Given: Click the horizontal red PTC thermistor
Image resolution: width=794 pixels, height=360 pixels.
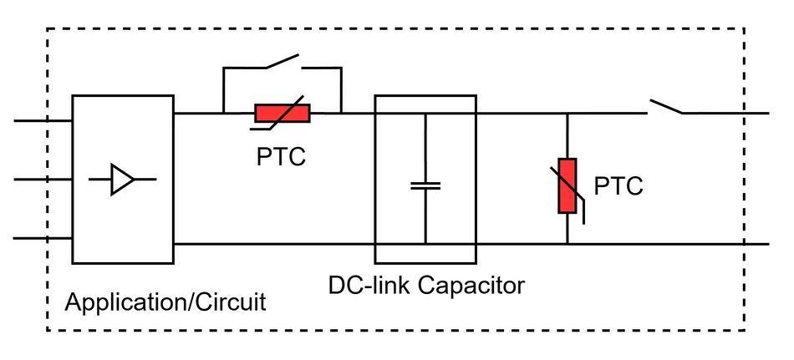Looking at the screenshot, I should click(x=282, y=113).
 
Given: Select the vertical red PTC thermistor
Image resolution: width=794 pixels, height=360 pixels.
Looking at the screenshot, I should click(x=568, y=185).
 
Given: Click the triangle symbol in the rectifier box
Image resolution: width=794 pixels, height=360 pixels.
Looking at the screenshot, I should click(x=123, y=179).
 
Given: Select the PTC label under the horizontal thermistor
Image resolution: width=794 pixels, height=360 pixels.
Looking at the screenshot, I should click(x=281, y=155).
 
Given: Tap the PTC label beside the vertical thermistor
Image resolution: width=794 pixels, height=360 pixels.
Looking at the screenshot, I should click(x=618, y=186).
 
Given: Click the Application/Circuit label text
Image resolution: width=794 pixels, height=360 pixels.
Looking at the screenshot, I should click(x=165, y=302).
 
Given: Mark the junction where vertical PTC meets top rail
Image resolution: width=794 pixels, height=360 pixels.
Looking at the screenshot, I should click(x=568, y=114).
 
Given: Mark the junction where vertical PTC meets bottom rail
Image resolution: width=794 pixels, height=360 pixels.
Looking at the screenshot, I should click(x=568, y=244).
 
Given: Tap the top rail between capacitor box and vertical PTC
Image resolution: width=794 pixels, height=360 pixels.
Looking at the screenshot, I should click(x=522, y=114).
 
